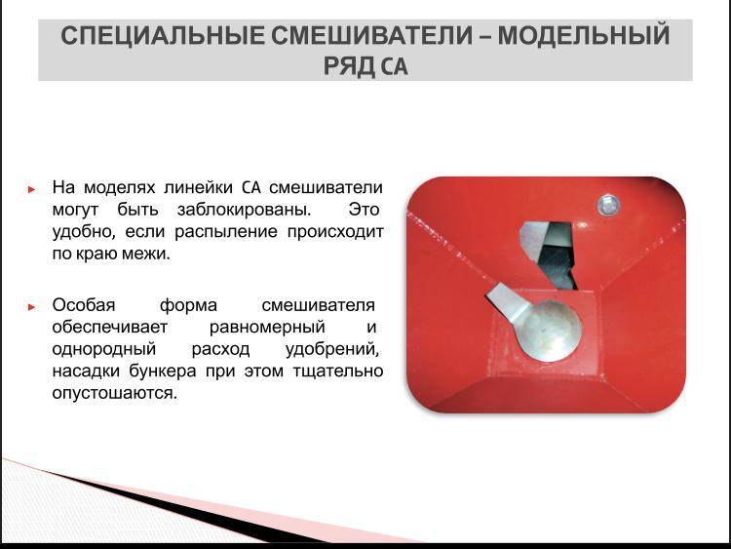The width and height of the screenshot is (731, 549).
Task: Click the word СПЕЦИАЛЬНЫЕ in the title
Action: pos(163,36)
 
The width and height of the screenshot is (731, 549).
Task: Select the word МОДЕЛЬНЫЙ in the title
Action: pos(584,36)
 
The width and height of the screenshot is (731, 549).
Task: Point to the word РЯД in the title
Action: pos(349,65)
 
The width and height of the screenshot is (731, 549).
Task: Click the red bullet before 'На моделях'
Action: pos(32,189)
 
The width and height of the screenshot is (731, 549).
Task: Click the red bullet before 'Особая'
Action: pos(32,306)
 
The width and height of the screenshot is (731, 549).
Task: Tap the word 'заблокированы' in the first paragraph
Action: pos(244,210)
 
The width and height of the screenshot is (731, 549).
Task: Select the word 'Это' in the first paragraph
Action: pos(364,210)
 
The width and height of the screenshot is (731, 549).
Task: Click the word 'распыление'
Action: pos(226,232)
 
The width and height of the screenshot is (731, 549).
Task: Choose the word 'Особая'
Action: pos(84,305)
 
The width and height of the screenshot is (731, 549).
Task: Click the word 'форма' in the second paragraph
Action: pos(188,306)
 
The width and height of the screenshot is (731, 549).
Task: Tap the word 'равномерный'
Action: pos(267,328)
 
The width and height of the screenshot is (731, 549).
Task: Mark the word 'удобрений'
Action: pos(332,349)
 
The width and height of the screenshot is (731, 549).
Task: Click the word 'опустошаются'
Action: pos(115,393)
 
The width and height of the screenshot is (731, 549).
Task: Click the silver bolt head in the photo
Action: pos(607,205)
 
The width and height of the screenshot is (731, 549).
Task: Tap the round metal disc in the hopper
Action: pos(550,331)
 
